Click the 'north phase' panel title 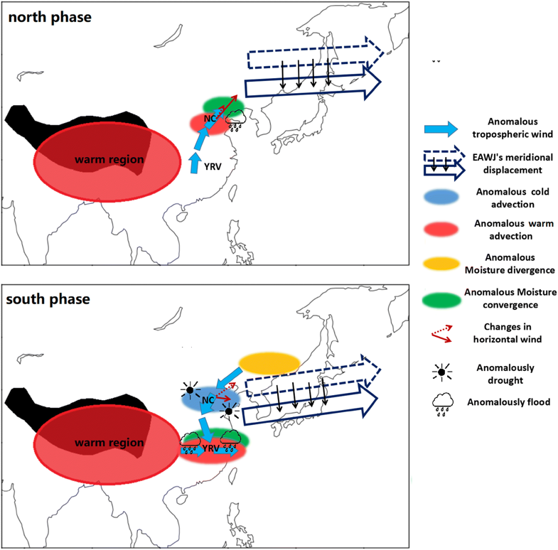point(49,16)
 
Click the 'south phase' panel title point(49,298)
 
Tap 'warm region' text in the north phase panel point(109,160)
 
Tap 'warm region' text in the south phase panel point(109,443)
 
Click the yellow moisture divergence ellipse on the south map point(269,363)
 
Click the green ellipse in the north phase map point(224,106)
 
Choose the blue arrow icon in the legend point(441,129)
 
